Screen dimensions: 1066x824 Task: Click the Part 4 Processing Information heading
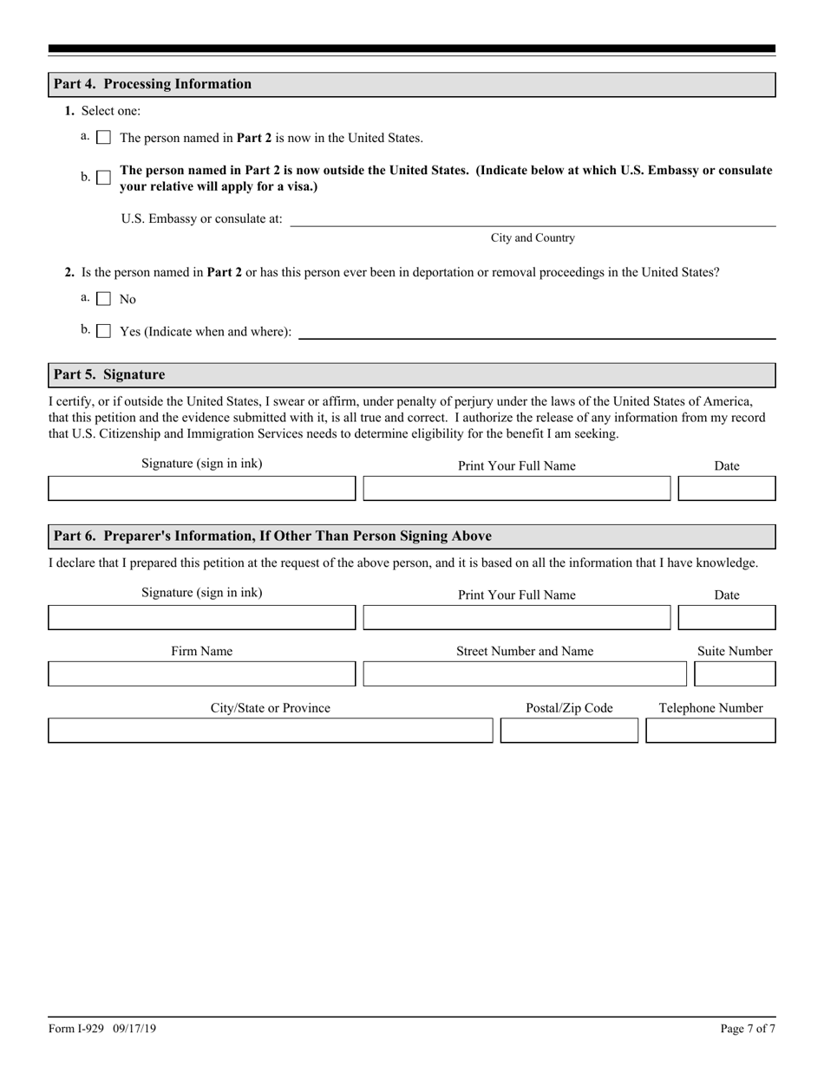[153, 84]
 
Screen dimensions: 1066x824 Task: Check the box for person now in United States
[104, 138]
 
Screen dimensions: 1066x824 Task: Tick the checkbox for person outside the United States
[104, 178]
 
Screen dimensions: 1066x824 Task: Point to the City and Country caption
[532, 238]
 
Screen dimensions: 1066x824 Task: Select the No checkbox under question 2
[104, 299]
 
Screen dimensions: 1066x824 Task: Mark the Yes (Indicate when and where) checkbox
[104, 331]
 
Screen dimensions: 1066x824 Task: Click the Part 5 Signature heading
[109, 374]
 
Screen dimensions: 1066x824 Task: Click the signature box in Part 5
[201, 489]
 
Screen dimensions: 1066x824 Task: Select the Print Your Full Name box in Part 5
[516, 489]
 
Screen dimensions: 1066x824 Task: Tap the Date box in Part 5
[726, 489]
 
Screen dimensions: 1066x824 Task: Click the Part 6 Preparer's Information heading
[272, 536]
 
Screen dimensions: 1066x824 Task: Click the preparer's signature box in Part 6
[201, 618]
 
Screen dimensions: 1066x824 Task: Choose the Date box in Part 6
[726, 618]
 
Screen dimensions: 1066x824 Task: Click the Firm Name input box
[201, 674]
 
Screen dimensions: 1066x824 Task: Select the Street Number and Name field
[525, 674]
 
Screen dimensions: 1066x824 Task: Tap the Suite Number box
[735, 674]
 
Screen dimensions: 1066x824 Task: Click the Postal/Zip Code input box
[569, 731]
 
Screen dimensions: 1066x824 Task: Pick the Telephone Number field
[710, 731]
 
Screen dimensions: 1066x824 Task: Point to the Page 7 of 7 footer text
[748, 1029]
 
